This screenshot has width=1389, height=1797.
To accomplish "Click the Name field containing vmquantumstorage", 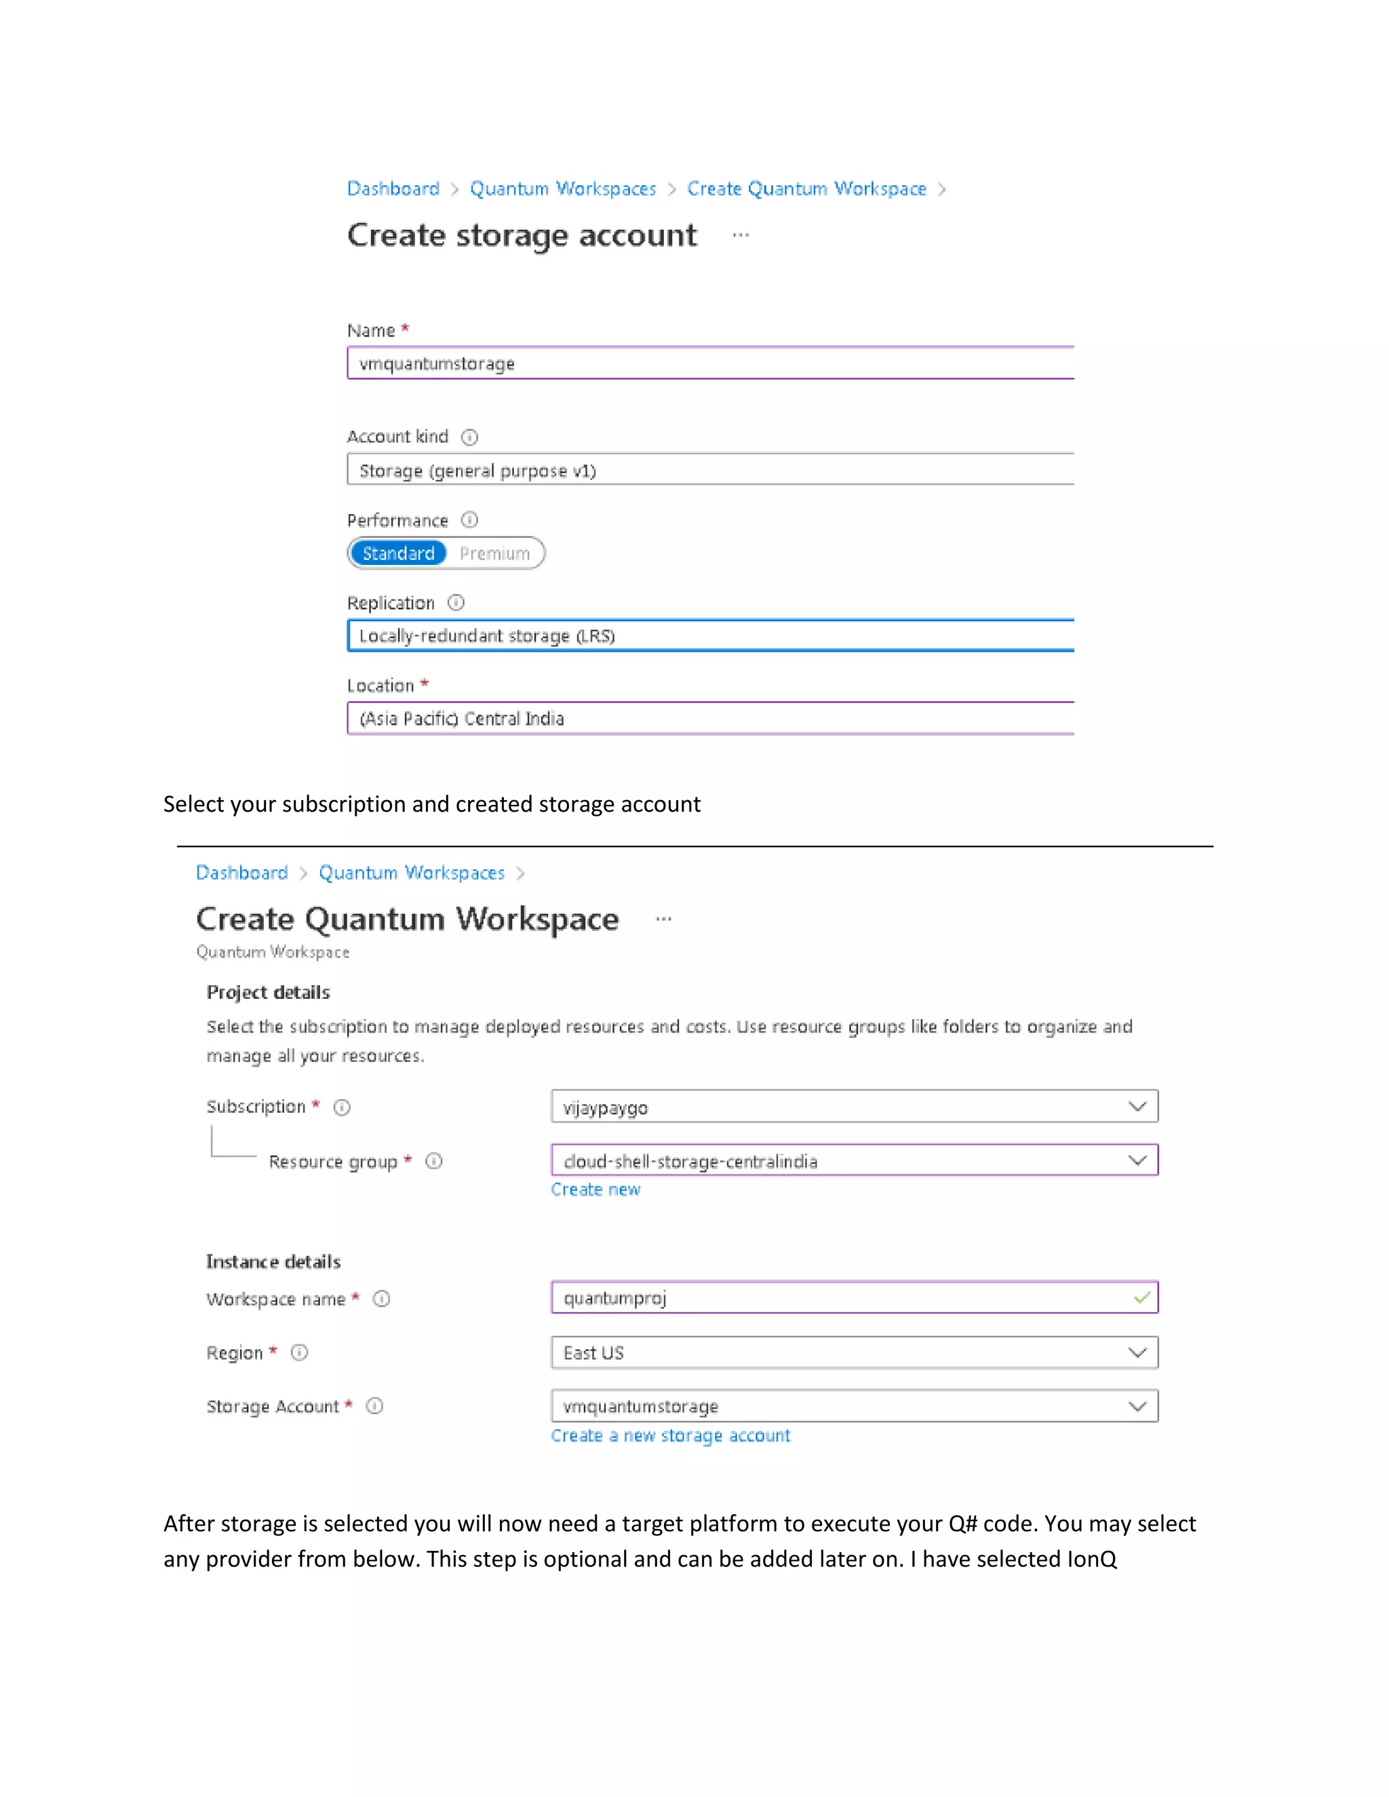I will (x=709, y=363).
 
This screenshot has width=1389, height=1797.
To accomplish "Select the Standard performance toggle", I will (x=398, y=553).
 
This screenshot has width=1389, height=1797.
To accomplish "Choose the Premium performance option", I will (x=494, y=553).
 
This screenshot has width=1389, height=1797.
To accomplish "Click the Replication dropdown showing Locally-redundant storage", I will (x=709, y=635).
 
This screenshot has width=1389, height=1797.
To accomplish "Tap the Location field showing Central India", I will (x=709, y=718).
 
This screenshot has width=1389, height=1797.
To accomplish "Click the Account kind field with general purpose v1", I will (x=709, y=470).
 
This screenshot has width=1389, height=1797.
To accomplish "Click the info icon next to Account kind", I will (x=469, y=437).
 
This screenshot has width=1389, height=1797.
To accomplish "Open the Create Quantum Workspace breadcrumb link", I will (x=806, y=189).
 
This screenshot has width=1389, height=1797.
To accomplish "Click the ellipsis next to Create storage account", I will (x=741, y=235).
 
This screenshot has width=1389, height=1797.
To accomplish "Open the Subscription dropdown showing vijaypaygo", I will (x=853, y=1107).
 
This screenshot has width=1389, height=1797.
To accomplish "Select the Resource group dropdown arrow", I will (x=1137, y=1160).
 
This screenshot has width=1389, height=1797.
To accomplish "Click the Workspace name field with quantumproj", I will (x=840, y=1297).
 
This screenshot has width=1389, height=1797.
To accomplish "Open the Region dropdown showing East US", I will (x=853, y=1352).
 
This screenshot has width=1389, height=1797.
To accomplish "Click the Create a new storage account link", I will (x=670, y=1435).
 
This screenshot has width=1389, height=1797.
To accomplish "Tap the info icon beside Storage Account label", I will (x=374, y=1406).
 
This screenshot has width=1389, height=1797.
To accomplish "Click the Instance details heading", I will (x=273, y=1261).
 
